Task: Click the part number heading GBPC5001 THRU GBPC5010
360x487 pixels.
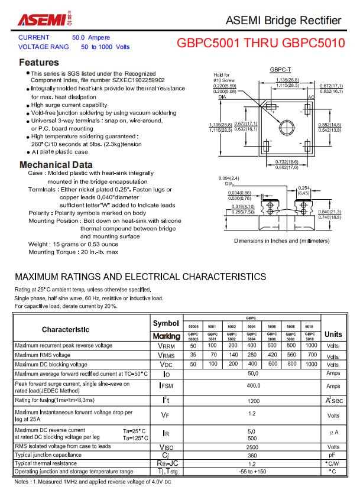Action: click(x=261, y=44)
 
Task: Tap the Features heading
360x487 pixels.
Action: click(x=39, y=62)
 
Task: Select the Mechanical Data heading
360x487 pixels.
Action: click(x=56, y=164)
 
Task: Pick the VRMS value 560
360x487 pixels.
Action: click(x=291, y=355)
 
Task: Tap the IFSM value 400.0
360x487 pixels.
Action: click(x=253, y=386)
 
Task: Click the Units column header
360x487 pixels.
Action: click(x=333, y=334)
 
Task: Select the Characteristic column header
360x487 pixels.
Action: click(x=66, y=329)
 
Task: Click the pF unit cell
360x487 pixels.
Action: click(x=333, y=455)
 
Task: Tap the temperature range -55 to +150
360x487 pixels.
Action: click(x=253, y=472)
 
